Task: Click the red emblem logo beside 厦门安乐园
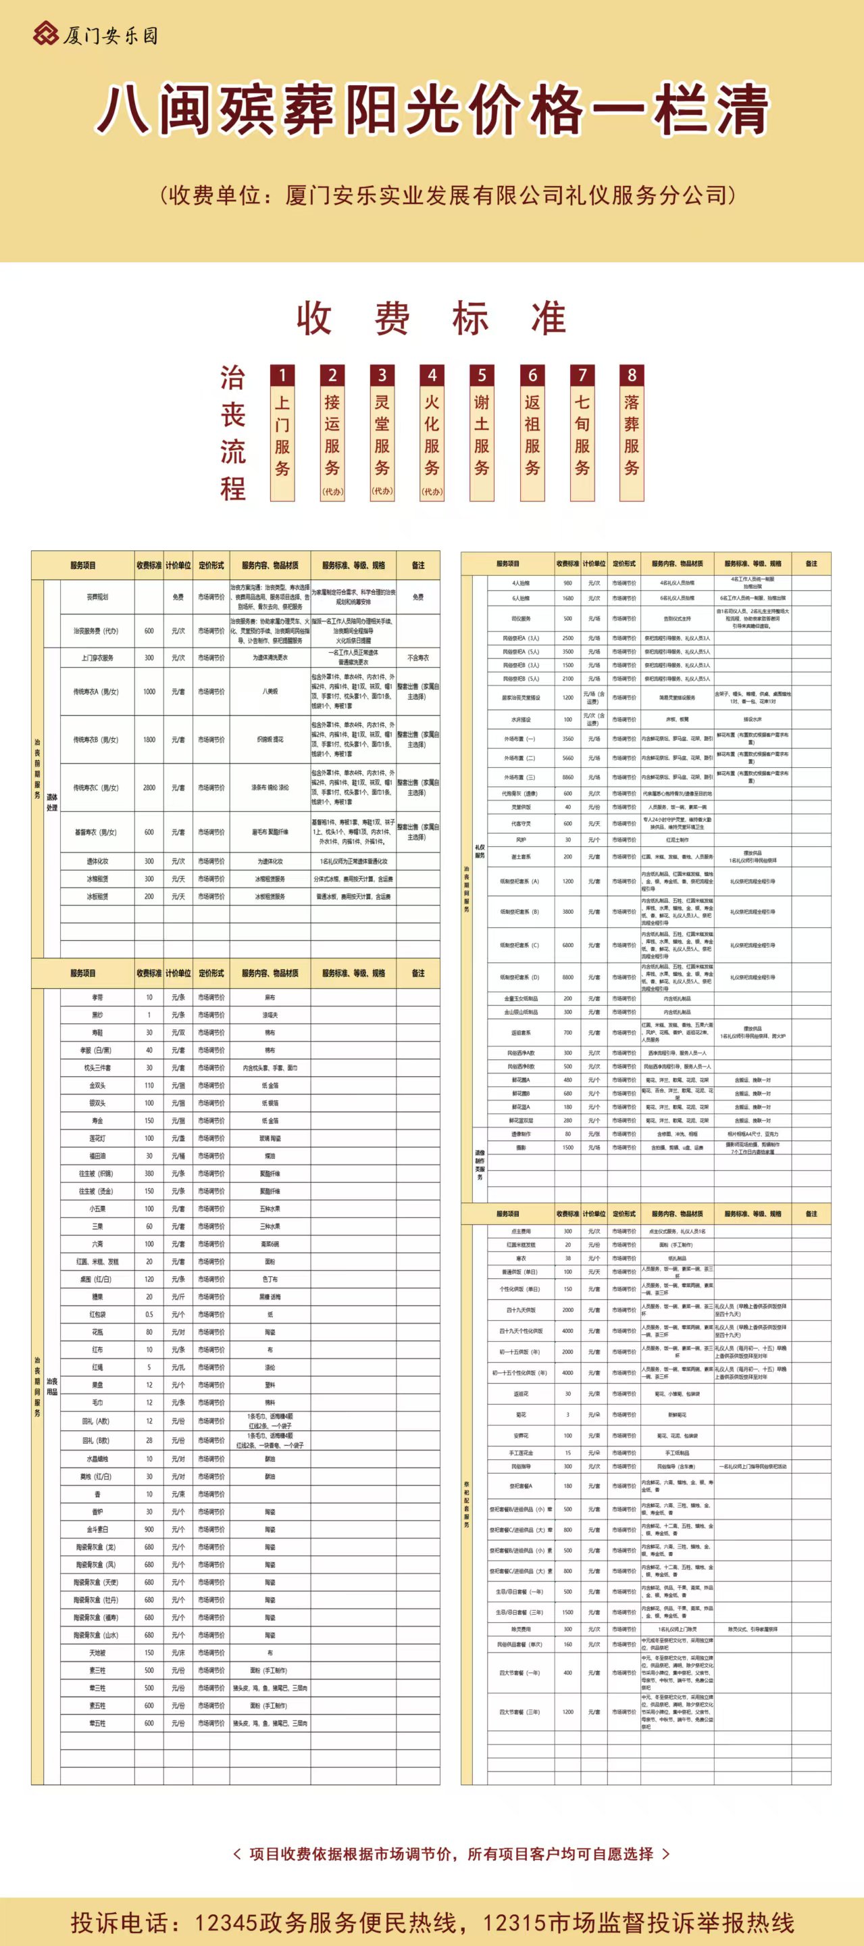pos(45,34)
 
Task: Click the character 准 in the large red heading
pos(549,318)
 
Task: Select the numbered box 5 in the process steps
pos(482,374)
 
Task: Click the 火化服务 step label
pos(432,435)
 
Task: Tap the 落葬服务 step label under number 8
pos(632,435)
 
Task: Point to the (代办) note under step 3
pos(382,491)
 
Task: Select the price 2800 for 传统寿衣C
pos(149,787)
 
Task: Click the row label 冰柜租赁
pos(97,879)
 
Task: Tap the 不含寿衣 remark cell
pos(417,657)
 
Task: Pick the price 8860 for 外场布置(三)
pos(568,777)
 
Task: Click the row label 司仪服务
pos(521,618)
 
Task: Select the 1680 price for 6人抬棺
pos(568,598)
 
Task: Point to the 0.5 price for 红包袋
pos(149,1314)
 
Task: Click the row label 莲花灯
pos(97,1138)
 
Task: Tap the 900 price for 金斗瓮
pos(149,1529)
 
